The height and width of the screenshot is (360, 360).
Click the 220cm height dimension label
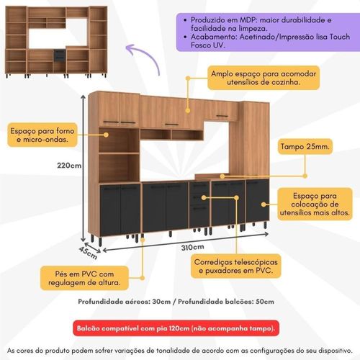coord(69,166)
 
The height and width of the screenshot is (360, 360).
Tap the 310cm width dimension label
coord(193,247)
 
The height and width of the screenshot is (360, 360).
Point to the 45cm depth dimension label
coord(88,253)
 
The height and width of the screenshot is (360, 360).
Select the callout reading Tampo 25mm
coord(305,146)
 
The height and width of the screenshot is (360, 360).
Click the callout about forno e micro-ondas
coord(42,135)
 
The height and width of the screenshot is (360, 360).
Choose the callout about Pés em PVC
coord(84,278)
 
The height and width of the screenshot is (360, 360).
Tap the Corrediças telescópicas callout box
coord(236,266)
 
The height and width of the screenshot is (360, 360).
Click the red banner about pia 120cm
coord(176,328)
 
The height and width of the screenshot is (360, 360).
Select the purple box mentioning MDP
coord(268,32)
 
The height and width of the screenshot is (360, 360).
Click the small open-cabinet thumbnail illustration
coord(56,42)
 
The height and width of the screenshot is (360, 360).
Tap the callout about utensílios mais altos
coord(315,204)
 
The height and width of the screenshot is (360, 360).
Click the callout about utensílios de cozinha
coord(264,78)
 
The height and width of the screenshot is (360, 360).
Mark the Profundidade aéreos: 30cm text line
coord(125,302)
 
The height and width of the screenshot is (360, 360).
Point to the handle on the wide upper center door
coord(171,125)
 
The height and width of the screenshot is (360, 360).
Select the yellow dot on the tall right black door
coord(264,204)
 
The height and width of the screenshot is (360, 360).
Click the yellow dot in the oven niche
coord(106,135)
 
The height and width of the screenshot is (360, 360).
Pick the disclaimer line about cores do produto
coord(180,351)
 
